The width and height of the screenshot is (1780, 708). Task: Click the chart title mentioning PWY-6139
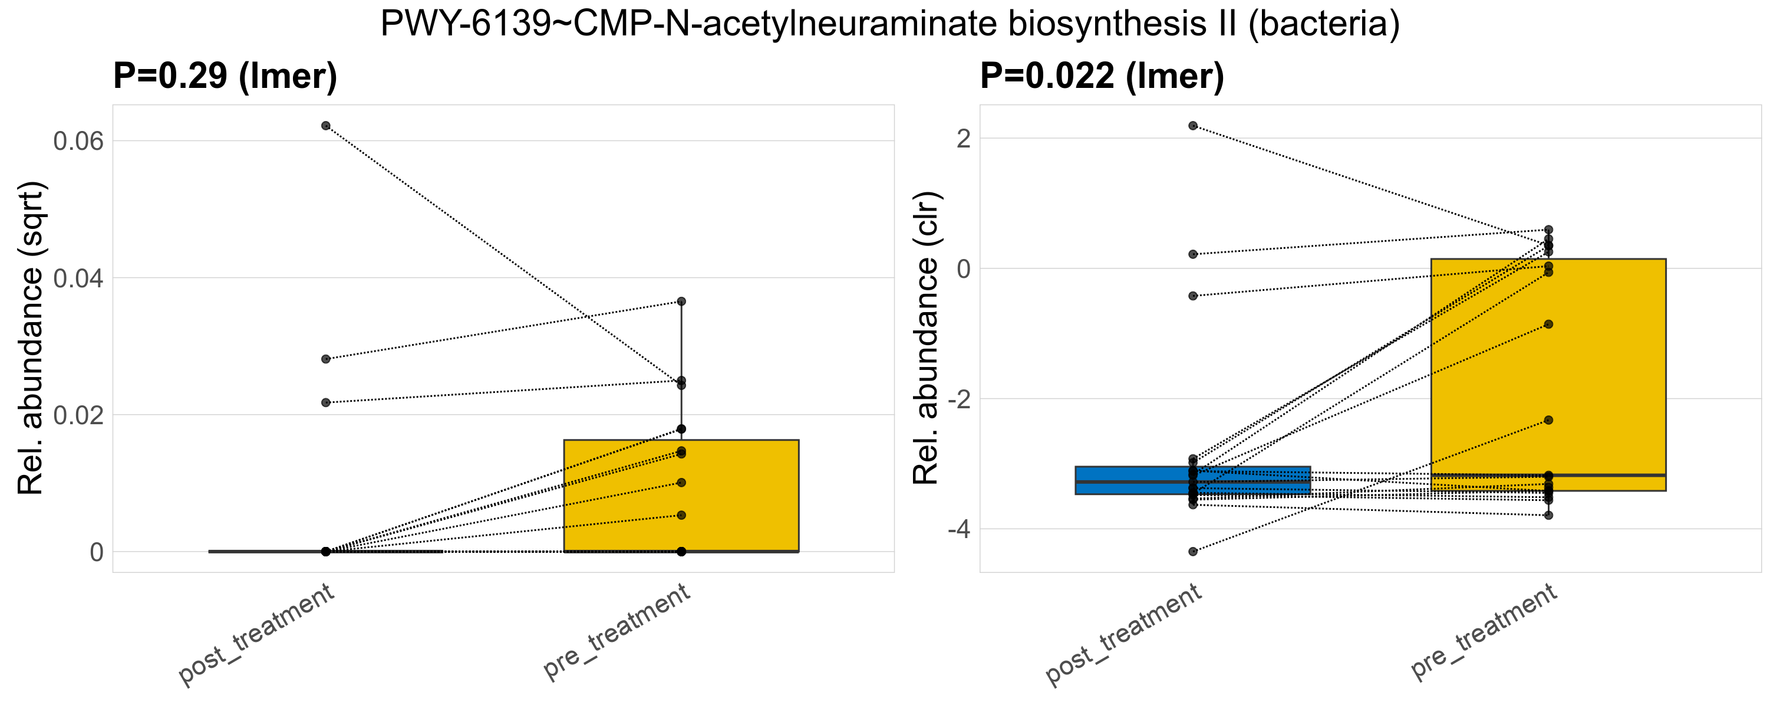[890, 25]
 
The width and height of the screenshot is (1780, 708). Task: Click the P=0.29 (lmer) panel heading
[225, 76]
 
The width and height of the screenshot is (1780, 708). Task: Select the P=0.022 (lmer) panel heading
[1102, 76]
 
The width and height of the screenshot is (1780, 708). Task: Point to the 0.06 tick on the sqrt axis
[78, 141]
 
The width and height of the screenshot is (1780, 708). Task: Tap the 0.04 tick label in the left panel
[78, 278]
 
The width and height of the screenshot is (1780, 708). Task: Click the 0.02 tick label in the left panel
[78, 415]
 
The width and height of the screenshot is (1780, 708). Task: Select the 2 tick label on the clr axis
[962, 138]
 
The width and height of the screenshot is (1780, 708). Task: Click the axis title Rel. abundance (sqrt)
[31, 339]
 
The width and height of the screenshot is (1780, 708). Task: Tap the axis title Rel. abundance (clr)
[926, 339]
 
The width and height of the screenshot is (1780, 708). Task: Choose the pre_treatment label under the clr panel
[1484, 631]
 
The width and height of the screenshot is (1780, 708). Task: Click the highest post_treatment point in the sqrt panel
[325, 126]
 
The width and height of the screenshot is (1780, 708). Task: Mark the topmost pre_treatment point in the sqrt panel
[681, 301]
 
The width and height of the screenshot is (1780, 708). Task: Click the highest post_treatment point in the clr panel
[1192, 126]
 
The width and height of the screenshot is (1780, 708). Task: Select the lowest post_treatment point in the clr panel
[1192, 552]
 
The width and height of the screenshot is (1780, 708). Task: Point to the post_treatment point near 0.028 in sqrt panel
[325, 359]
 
